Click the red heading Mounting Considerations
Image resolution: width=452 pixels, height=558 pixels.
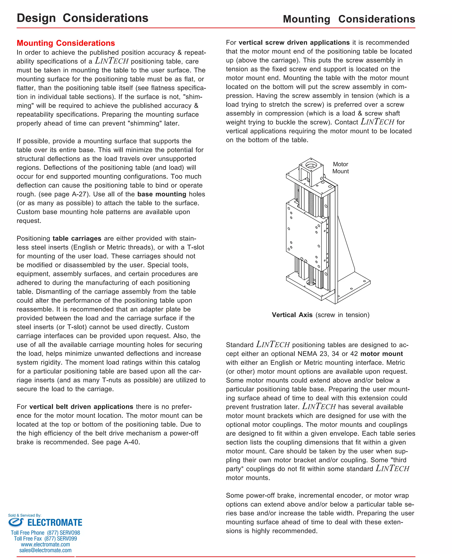pyautogui.click(x=66, y=43)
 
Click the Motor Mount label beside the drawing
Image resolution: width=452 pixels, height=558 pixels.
pyautogui.click(x=340, y=168)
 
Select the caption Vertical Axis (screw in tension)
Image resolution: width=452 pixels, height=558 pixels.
pyautogui.click(x=320, y=315)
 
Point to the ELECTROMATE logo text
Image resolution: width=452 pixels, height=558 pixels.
pyautogui.click(x=55, y=523)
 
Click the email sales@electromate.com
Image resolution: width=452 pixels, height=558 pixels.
pyautogui.click(x=45, y=550)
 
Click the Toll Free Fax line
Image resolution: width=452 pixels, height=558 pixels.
pyautogui.click(x=45, y=539)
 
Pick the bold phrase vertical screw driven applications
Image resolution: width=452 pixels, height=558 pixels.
pyautogui.click(x=294, y=42)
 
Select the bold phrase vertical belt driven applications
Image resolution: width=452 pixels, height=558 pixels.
pyautogui.click(x=81, y=407)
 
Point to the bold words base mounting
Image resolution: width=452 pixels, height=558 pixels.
pyautogui.click(x=162, y=194)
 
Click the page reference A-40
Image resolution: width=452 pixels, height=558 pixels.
pyautogui.click(x=132, y=442)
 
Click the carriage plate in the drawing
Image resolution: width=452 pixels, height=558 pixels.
pyautogui.click(x=303, y=234)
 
